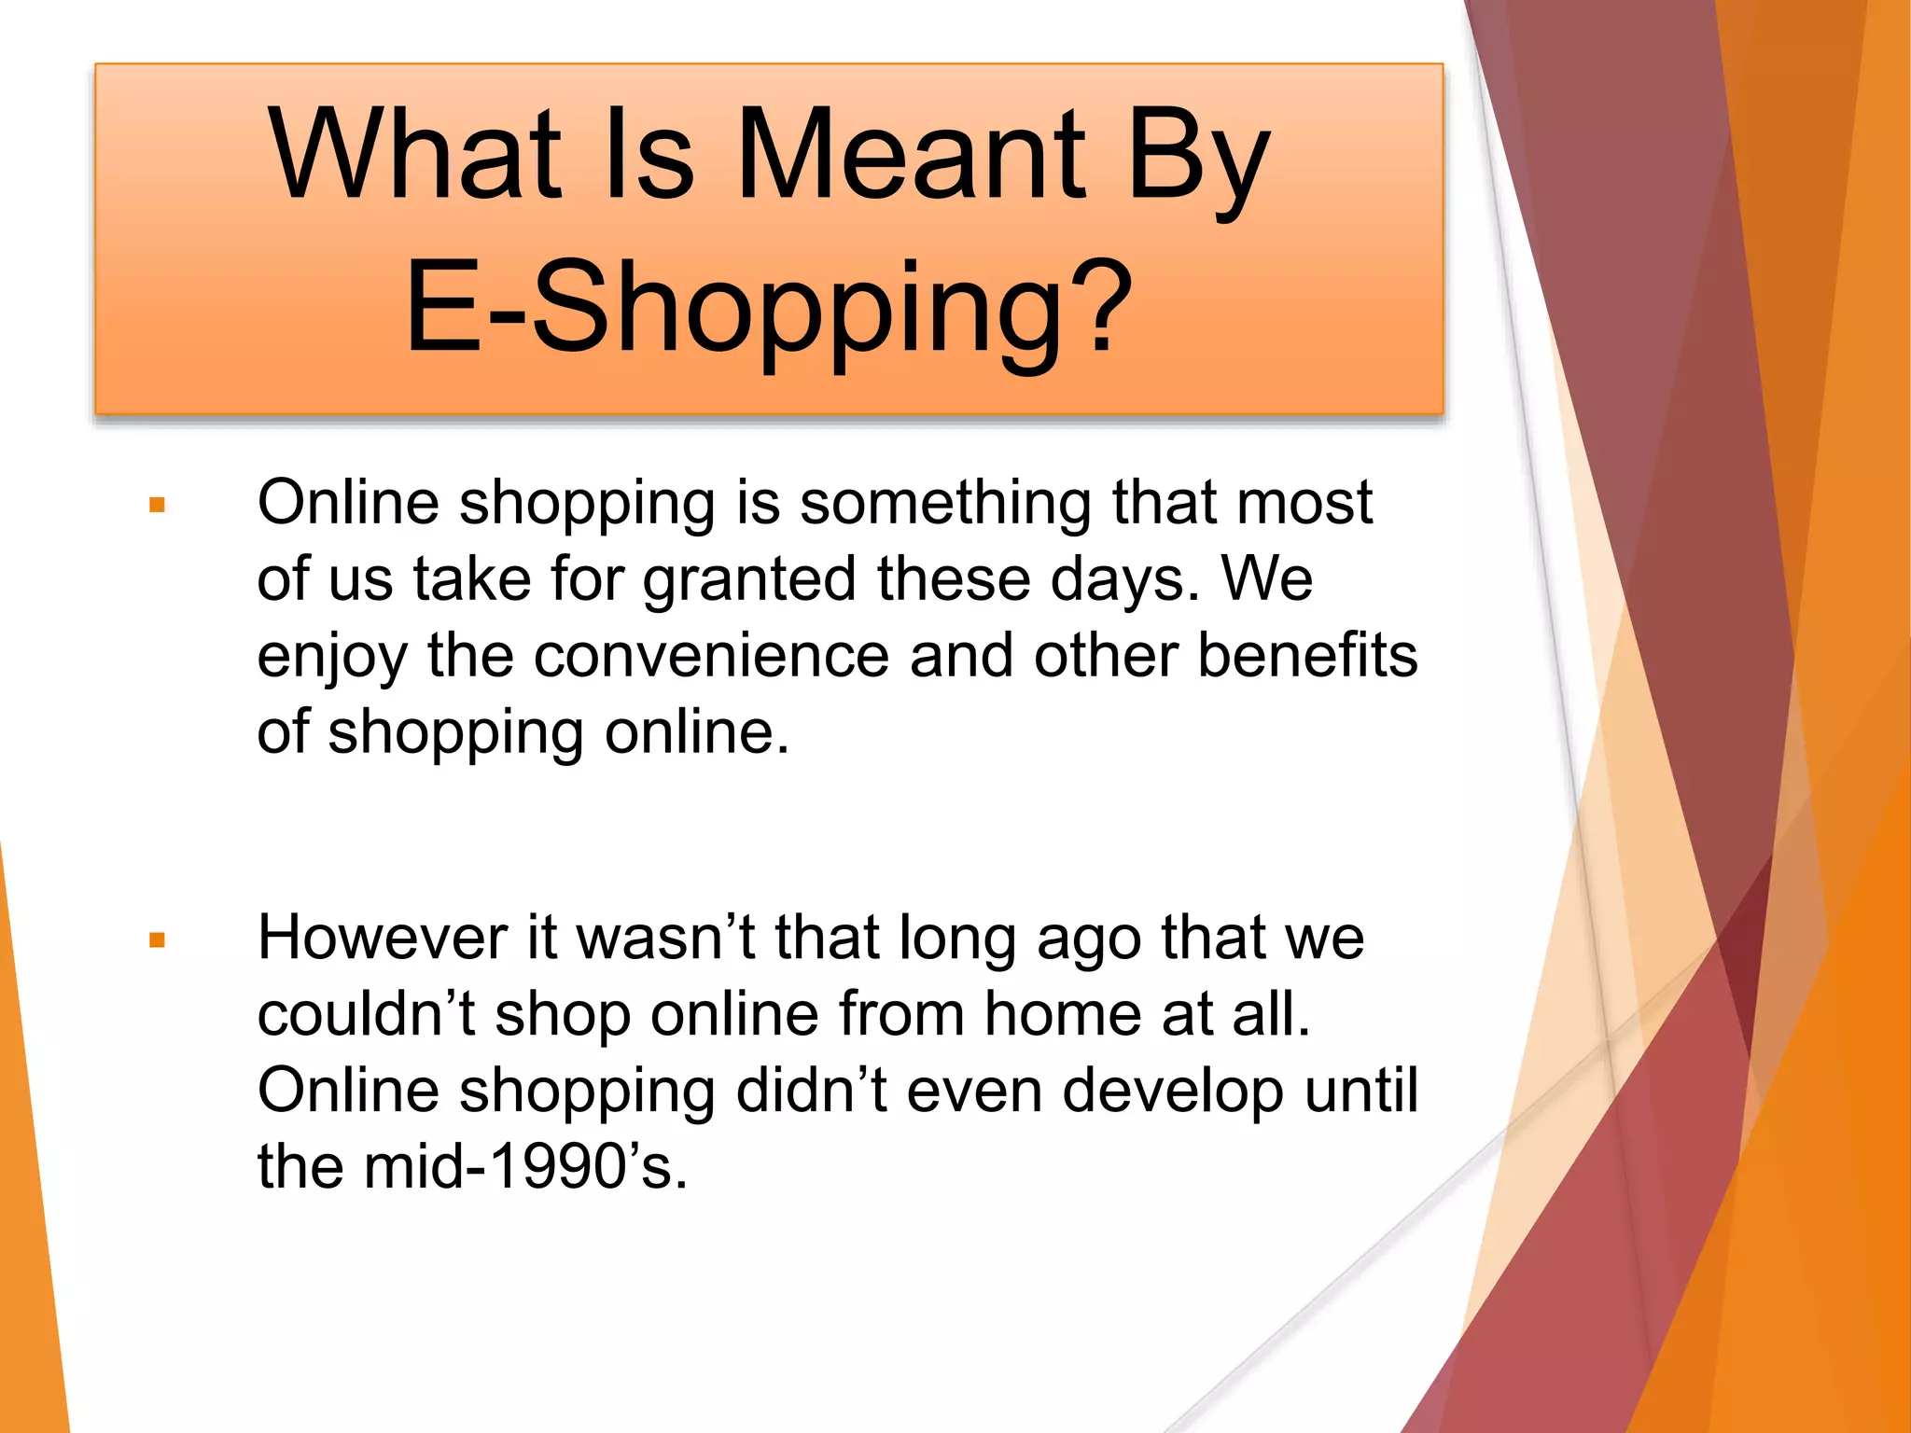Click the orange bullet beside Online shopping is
click(157, 506)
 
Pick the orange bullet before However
click(157, 939)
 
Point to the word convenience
click(711, 655)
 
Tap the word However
click(383, 937)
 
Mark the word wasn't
click(666, 937)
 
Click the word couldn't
click(366, 1014)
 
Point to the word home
click(1063, 1014)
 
